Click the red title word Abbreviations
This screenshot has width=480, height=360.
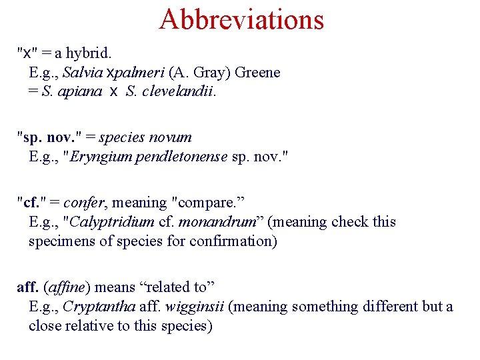pos(241,19)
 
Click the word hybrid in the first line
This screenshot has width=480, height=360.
pos(91,51)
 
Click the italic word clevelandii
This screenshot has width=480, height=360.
pos(178,92)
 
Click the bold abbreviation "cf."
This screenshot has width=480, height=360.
pos(31,202)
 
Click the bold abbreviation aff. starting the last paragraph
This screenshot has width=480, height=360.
pos(27,287)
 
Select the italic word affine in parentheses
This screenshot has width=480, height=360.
pos(66,287)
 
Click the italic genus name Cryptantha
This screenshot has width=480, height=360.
pos(99,307)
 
